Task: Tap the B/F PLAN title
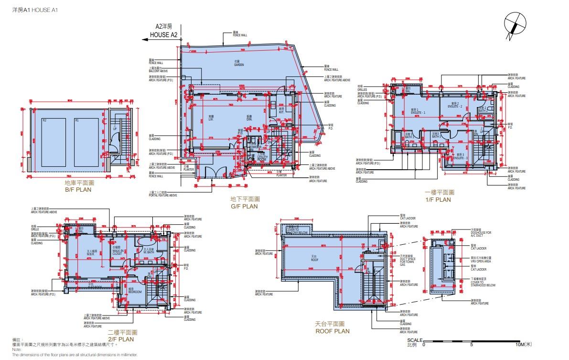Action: click(x=78, y=189)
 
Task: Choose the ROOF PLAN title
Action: click(x=332, y=331)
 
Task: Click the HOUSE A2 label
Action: click(x=164, y=35)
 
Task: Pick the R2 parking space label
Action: click(x=44, y=120)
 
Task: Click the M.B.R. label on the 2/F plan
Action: click(x=92, y=253)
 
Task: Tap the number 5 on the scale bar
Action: click(x=471, y=344)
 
